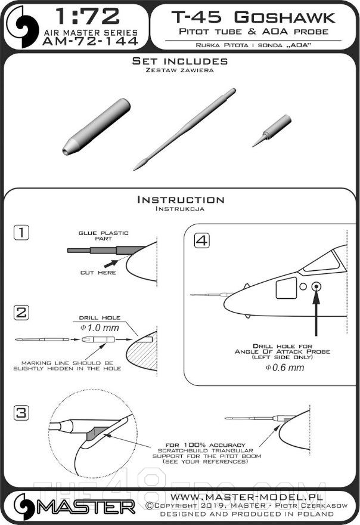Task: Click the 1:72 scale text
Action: pos(88,17)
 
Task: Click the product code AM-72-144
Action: pos(91,41)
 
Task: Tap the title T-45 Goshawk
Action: pos(253,17)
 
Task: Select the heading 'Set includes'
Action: pos(180,61)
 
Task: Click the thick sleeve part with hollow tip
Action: pos(97,126)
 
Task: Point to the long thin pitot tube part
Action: pos(184,129)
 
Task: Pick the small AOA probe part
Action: pos(272,130)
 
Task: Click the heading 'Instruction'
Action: pos(181,200)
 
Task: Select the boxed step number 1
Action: pos(21,232)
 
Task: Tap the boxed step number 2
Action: pos(21,313)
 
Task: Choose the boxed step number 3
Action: pos(21,413)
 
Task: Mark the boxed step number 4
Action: pos(202,240)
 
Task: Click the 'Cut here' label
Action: pos(98,273)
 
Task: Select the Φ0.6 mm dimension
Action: pos(285,367)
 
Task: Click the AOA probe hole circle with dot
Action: pos(316,286)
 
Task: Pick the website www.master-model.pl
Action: pos(247,496)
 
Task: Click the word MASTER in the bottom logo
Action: pos(86,507)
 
